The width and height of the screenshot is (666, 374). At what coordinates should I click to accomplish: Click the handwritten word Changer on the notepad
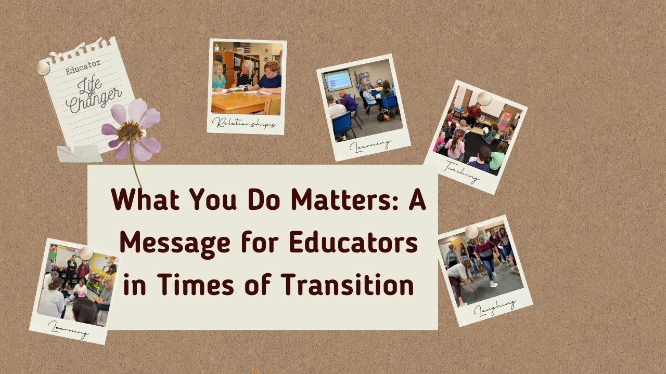point(94,99)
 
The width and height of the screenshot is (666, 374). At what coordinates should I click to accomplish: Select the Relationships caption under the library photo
point(245,124)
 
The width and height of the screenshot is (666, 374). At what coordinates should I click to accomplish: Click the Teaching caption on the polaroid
point(462,172)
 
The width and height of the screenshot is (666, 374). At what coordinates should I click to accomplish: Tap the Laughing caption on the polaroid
point(495,307)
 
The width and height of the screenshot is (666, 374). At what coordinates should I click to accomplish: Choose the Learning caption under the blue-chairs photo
point(370,145)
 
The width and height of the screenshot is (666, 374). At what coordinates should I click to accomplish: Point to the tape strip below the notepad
point(79,154)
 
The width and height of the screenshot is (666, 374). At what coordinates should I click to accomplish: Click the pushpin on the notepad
point(43,68)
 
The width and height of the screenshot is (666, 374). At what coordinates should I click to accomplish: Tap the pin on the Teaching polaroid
point(484,98)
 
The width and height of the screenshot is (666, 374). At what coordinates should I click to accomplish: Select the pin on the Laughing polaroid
point(471,232)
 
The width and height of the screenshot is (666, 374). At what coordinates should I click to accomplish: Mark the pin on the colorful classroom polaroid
point(86,253)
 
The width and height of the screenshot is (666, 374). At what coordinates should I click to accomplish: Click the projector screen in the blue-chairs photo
point(338,80)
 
